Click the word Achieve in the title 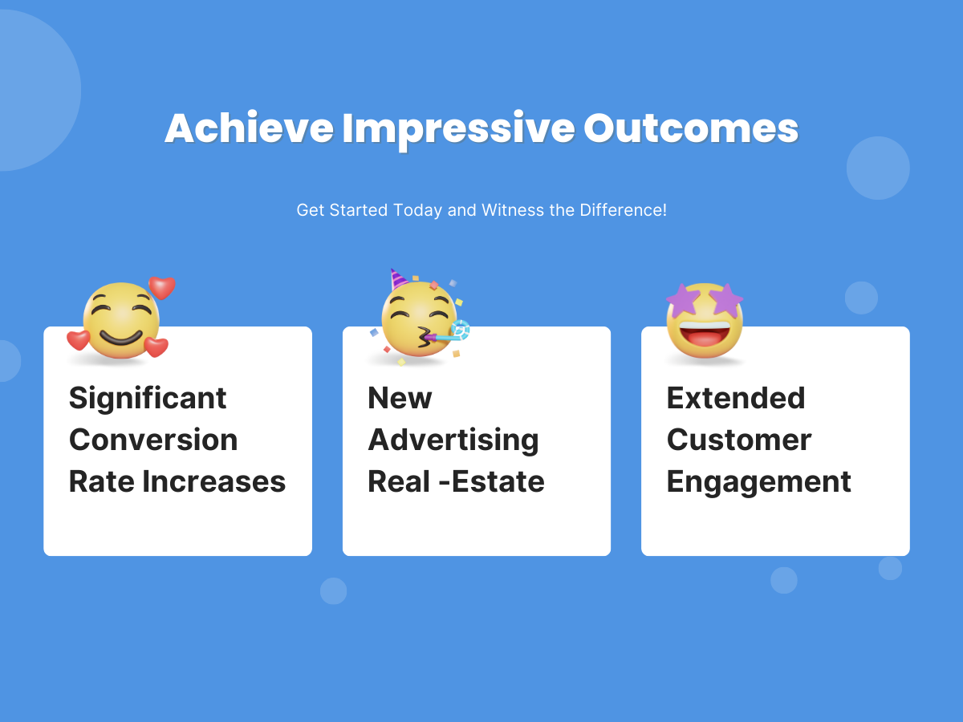[250, 128]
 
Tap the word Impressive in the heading [458, 130]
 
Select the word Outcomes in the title [691, 128]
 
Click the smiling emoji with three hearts [120, 320]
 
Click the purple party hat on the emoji [398, 279]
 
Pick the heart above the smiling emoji [162, 287]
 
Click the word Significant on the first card [148, 400]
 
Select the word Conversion [153, 440]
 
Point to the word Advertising [453, 441]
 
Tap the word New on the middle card [400, 398]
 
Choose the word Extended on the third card [736, 398]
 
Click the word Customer [739, 440]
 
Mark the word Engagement [759, 483]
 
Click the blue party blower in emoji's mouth [449, 333]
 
